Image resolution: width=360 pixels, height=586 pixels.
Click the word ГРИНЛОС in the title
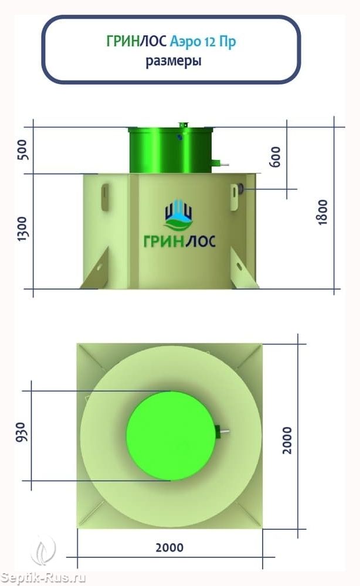click(136, 41)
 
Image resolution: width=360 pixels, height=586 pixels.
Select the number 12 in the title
click(209, 42)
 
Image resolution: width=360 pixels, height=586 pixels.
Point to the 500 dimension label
click(23, 150)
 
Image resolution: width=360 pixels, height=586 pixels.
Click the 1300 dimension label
click(22, 228)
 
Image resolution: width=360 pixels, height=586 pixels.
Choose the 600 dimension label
click(275, 156)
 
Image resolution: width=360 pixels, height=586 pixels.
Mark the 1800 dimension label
click(322, 212)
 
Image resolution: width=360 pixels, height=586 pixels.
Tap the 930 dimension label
click(21, 432)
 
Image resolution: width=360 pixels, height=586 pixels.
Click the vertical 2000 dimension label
click(287, 440)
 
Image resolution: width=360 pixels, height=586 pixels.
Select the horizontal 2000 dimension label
click(169, 548)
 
